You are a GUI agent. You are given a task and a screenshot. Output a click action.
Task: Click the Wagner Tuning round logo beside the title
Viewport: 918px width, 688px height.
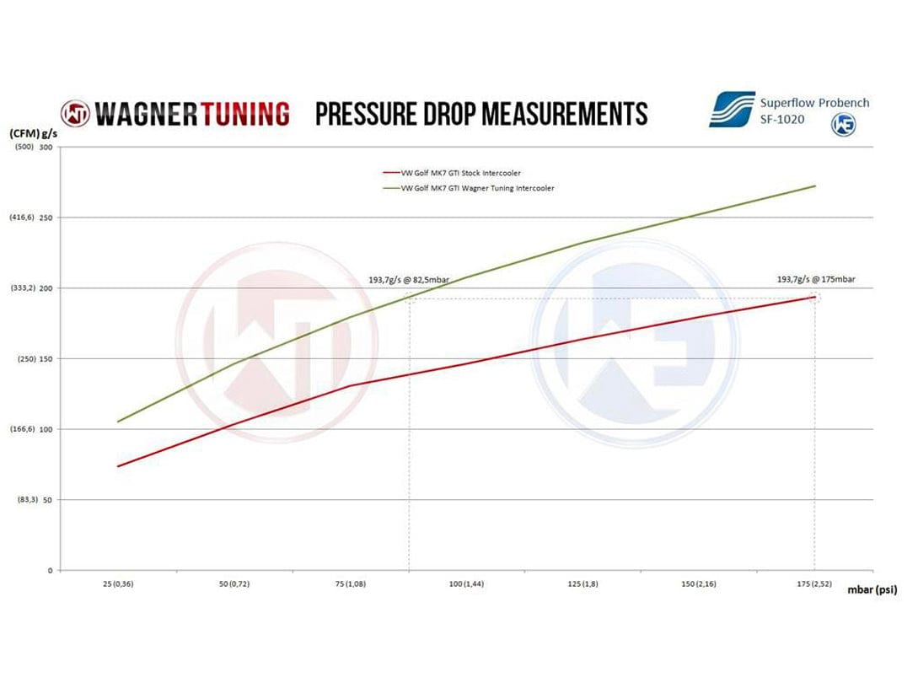[x=74, y=113]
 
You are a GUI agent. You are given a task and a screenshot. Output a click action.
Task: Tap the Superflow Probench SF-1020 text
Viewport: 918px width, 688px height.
[x=814, y=110]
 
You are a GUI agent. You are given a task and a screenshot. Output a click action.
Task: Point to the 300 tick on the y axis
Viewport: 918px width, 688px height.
[x=45, y=148]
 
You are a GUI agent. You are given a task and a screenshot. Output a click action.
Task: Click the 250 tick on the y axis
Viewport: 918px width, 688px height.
[x=45, y=218]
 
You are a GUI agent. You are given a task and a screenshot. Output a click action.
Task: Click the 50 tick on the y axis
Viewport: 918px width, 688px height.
[x=47, y=500]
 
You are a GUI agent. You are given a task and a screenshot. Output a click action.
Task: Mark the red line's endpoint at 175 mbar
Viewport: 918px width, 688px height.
[x=814, y=297]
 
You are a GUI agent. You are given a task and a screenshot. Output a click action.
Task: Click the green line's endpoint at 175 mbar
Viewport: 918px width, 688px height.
[x=814, y=185]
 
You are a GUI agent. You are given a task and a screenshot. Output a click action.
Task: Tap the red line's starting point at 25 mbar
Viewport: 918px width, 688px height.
[x=117, y=466]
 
